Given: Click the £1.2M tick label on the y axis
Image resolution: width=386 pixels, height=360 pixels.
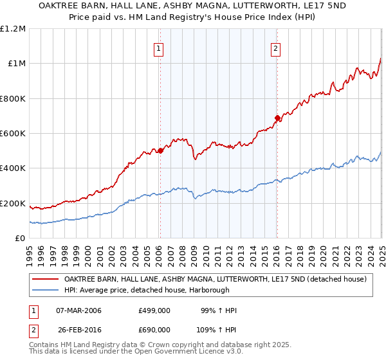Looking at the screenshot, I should pos(13,29).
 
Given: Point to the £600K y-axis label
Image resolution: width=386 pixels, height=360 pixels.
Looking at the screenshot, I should pos(13,134).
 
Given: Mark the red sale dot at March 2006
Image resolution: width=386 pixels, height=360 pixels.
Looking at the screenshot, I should pos(160,151).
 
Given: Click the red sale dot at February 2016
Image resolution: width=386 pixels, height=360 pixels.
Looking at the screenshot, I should pos(277,118).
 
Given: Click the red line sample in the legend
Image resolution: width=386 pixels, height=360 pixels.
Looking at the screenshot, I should pos(46,280).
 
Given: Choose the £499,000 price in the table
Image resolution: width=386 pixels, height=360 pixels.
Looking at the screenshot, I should pos(154,311).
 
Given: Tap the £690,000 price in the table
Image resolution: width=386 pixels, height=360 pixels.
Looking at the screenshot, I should pos(154,330).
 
